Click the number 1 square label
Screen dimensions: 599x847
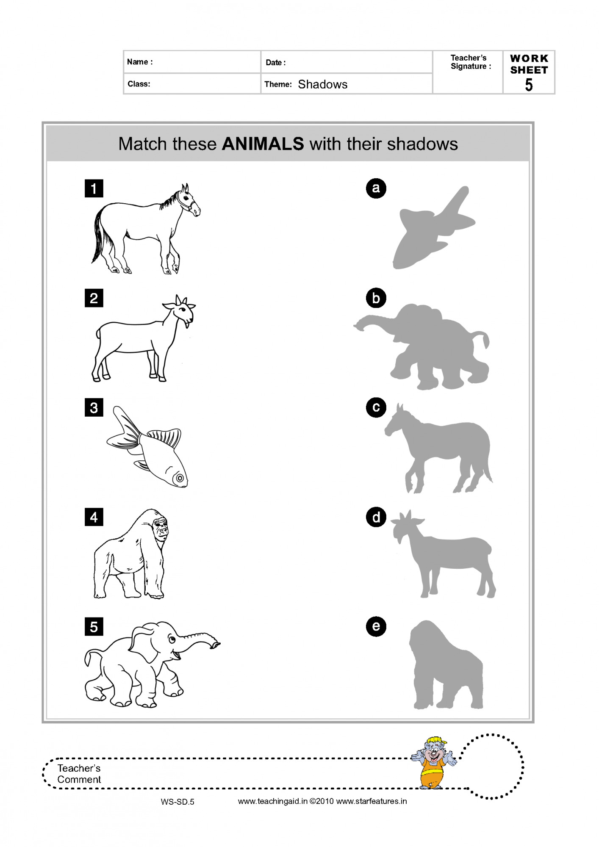94,188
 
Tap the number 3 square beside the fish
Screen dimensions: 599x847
94,407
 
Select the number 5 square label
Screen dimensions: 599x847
94,626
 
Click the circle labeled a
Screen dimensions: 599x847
376,188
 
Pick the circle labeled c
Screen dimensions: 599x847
376,407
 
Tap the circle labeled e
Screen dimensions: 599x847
376,626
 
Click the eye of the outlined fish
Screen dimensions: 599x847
180,478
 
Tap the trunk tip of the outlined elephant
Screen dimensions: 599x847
216,645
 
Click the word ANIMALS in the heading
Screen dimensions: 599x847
263,144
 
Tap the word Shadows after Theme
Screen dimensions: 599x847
323,84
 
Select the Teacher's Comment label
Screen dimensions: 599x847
79,774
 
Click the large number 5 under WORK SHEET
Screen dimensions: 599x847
529,85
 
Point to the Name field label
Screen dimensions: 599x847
140,62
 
